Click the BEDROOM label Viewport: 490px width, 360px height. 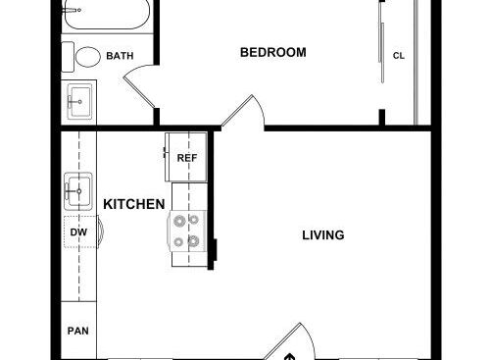[273, 52]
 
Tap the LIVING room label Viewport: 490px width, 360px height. [323, 235]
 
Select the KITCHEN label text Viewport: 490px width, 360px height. [134, 204]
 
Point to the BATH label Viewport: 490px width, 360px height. [120, 56]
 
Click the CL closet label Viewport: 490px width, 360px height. [399, 56]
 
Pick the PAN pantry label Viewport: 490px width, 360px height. [78, 331]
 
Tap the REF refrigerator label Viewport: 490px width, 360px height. [187, 158]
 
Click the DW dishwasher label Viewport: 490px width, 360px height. [78, 232]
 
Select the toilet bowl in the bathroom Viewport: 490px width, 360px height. [88, 57]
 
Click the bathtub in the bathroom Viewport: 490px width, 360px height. [107, 14]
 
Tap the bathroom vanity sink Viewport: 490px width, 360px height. [79, 102]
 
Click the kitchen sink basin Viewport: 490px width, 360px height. [78, 191]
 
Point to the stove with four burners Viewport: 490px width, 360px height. [187, 231]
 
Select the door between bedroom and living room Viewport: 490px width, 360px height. [243, 112]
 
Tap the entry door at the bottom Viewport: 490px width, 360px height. [289, 341]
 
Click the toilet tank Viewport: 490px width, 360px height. [68, 57]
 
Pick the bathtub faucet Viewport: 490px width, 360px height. [72, 10]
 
